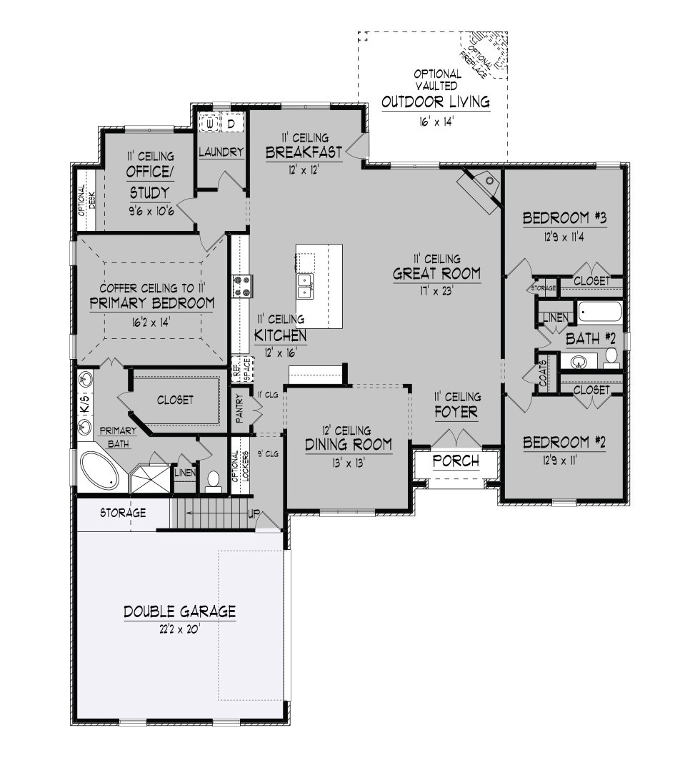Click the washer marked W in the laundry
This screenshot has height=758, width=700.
(210, 123)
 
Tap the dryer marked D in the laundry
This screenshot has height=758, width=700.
(231, 123)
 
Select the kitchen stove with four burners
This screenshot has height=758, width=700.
(241, 285)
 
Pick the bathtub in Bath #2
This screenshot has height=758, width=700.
(599, 311)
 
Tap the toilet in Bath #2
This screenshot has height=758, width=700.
(611, 358)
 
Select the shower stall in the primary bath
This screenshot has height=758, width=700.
(151, 478)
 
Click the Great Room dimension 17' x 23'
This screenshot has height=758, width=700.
(437, 290)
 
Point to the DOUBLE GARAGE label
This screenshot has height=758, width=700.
(179, 611)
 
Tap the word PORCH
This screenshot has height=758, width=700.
(456, 461)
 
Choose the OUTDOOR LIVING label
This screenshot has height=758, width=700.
(436, 102)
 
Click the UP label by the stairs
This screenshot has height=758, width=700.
(254, 514)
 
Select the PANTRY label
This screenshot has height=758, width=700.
(240, 410)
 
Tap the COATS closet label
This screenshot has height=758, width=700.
(543, 373)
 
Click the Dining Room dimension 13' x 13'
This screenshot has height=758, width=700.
(349, 463)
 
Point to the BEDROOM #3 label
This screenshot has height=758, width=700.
(565, 218)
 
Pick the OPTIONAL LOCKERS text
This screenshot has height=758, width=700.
(240, 466)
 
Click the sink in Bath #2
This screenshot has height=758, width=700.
(577, 360)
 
